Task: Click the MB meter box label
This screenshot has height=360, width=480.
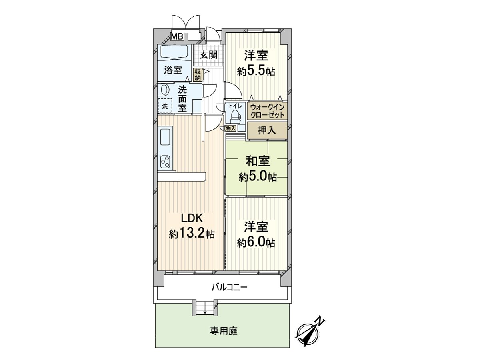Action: point(177,36)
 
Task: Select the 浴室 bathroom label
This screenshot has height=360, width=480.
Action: point(173,70)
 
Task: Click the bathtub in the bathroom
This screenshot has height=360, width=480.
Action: point(174,52)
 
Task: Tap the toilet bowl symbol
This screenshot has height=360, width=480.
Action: point(234,116)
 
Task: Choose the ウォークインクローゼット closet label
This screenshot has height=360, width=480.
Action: point(268,111)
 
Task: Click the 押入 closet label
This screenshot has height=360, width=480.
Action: point(267,131)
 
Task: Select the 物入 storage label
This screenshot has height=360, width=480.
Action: point(230,128)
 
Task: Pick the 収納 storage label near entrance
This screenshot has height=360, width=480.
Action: point(198,74)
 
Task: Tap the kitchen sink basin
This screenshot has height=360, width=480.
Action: point(166,137)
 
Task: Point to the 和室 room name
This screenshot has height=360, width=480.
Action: point(257,161)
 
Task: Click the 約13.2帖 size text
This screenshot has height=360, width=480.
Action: point(192,234)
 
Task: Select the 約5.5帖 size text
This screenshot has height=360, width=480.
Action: point(256,72)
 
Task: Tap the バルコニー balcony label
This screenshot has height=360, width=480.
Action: point(230,287)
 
